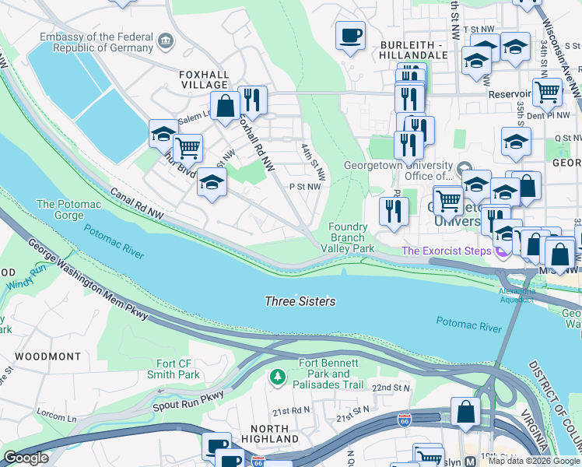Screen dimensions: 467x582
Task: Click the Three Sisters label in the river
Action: point(300,301)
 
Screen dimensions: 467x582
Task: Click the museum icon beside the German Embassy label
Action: point(165,40)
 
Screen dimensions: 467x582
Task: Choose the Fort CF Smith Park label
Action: point(167,369)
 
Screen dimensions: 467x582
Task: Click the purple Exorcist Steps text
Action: point(447,251)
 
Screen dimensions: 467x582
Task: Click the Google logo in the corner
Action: point(26,458)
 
